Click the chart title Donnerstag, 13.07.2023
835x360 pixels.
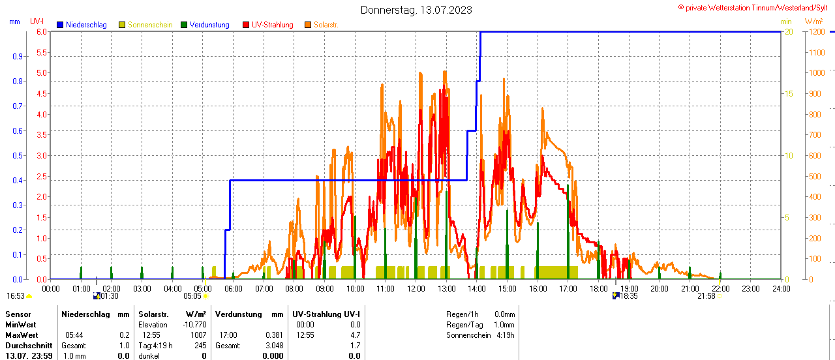click(x=416, y=10)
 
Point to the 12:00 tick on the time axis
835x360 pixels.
click(x=416, y=288)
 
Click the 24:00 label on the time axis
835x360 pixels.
click(x=782, y=288)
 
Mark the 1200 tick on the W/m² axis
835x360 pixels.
click(x=816, y=32)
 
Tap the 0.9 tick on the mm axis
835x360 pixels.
click(x=18, y=57)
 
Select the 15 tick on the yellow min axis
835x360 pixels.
click(x=789, y=94)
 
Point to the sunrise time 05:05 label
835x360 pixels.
click(x=192, y=296)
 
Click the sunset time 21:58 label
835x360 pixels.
click(x=706, y=296)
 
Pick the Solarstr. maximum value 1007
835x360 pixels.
click(x=198, y=335)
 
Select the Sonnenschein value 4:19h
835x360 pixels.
click(x=505, y=335)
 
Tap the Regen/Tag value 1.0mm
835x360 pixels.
click(x=504, y=325)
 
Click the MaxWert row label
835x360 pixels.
click(x=22, y=335)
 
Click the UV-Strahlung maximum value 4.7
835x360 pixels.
click(x=355, y=335)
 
